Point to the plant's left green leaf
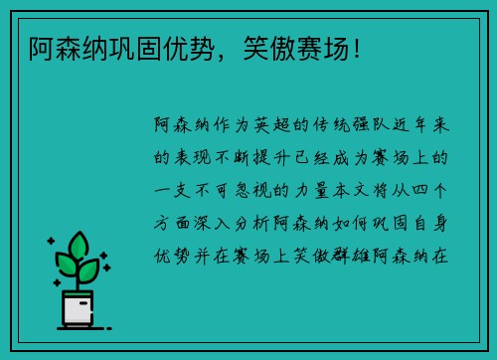[x=66, y=265]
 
